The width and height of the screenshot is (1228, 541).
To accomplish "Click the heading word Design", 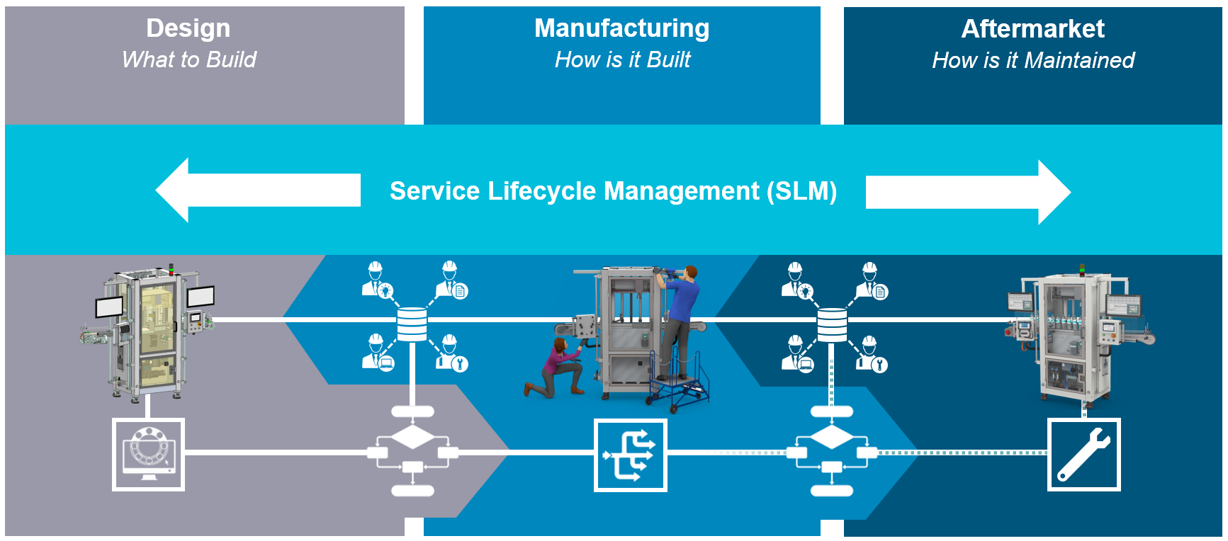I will coord(188,28).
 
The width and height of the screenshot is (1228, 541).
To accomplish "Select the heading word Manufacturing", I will coord(621,28).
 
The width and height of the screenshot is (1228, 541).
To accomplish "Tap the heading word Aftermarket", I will coord(1032,29).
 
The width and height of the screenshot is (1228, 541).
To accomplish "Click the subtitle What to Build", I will coord(188,59).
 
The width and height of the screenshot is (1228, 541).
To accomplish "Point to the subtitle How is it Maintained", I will coord(1032,60).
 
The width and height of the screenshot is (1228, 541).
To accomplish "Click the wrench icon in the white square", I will coord(1083,455).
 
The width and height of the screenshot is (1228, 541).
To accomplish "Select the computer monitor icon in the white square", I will coord(148,454).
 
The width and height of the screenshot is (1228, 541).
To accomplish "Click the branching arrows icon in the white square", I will coord(630,455).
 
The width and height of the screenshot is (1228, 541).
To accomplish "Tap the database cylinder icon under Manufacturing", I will coord(412,324).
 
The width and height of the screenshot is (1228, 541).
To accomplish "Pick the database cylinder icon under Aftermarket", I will coord(832,324).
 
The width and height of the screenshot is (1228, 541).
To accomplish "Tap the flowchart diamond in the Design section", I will coord(412,437).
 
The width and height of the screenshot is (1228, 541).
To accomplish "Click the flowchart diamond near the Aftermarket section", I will coord(832,437).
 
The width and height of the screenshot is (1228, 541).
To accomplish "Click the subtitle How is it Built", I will coord(622,59).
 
